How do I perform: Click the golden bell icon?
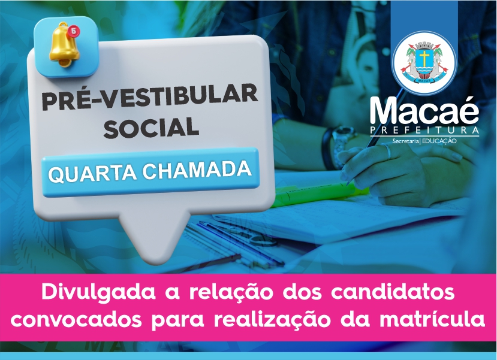click(64, 46)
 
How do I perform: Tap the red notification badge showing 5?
click(74, 31)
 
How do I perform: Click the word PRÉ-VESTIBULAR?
click(150, 96)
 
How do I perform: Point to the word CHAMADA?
click(197, 170)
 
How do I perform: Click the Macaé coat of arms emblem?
click(424, 63)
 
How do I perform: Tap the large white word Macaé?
click(424, 110)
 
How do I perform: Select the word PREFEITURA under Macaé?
click(424, 131)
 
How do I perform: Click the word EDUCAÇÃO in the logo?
click(439, 141)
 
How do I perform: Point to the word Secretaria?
click(405, 141)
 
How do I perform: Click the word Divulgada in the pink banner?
click(98, 292)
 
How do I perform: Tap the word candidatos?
click(393, 292)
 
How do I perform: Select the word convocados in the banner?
click(76, 319)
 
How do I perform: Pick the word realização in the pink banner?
click(272, 319)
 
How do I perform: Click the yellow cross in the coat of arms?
click(424, 58)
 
